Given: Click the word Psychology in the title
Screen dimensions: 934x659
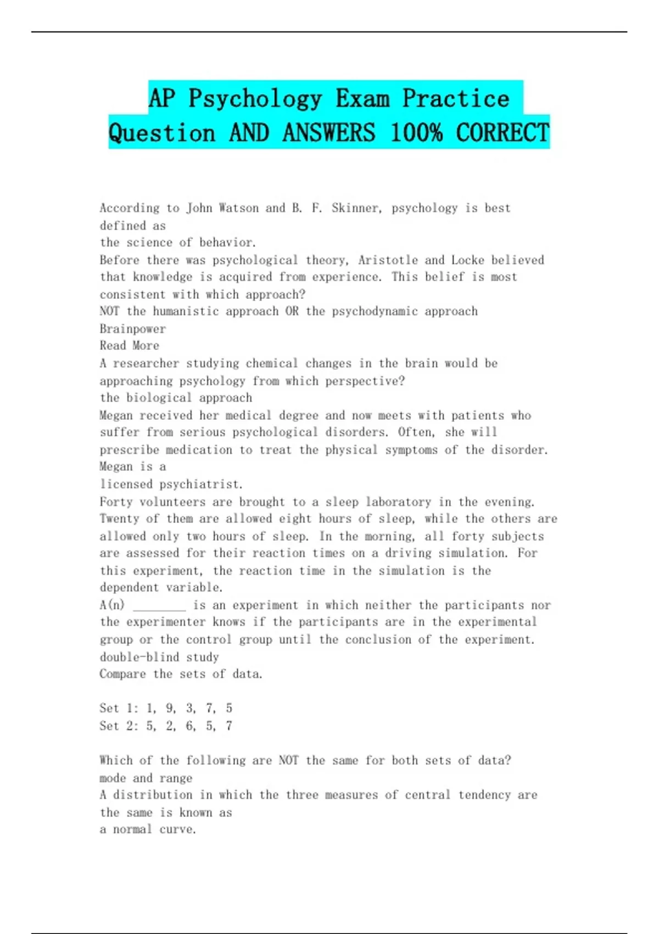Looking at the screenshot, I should coord(255,98).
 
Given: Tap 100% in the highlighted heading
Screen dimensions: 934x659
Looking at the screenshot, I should coord(416,133).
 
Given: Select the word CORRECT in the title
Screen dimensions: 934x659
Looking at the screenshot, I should coord(502,133).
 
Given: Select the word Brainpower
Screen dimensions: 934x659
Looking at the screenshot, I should coord(132,329).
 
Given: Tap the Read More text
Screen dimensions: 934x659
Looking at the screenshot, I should coord(130,346).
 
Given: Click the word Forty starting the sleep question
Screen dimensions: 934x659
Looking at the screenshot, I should coord(116,502).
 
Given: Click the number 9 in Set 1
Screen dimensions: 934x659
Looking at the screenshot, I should coord(170,708).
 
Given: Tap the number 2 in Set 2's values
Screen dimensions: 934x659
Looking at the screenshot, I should coord(170,726).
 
